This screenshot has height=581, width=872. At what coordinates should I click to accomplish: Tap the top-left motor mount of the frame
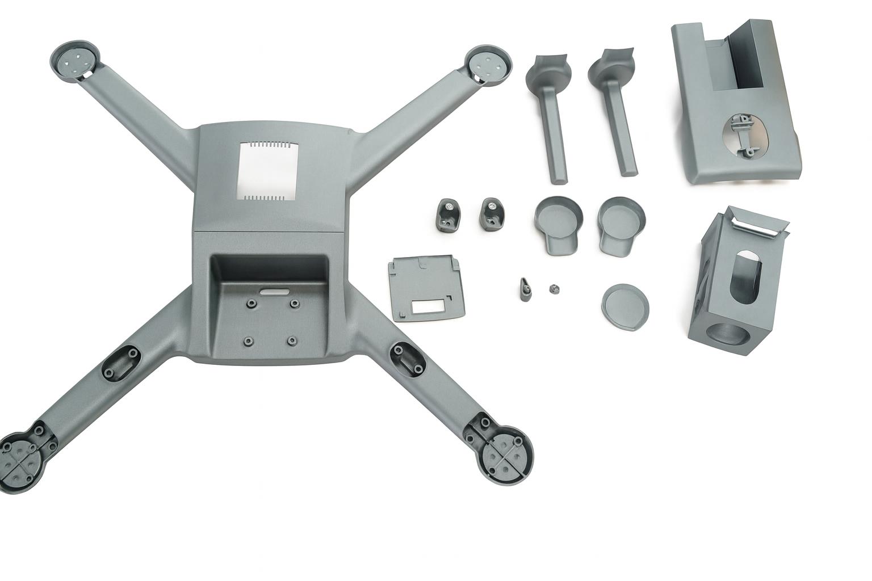pos(76,61)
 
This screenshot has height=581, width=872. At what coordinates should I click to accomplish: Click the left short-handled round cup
pos(559,222)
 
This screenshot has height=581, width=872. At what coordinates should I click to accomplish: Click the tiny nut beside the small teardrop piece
pos(552,289)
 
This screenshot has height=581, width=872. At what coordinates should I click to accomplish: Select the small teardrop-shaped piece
pos(526,288)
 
